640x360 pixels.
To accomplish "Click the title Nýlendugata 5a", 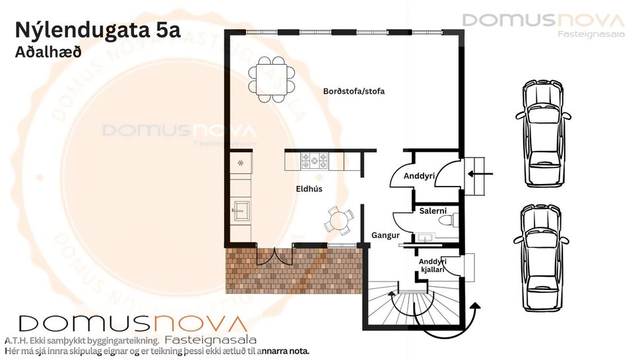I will (x=97, y=30).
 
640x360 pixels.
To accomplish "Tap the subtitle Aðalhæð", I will (x=48, y=52).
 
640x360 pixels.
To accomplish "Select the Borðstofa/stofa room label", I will (x=354, y=92).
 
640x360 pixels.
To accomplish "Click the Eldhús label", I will (x=309, y=189).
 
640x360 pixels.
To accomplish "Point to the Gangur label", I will (x=386, y=235).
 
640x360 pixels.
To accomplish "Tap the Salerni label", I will (x=433, y=211).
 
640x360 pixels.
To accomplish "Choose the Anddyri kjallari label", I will (x=433, y=266).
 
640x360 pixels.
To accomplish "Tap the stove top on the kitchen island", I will (x=315, y=160).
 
